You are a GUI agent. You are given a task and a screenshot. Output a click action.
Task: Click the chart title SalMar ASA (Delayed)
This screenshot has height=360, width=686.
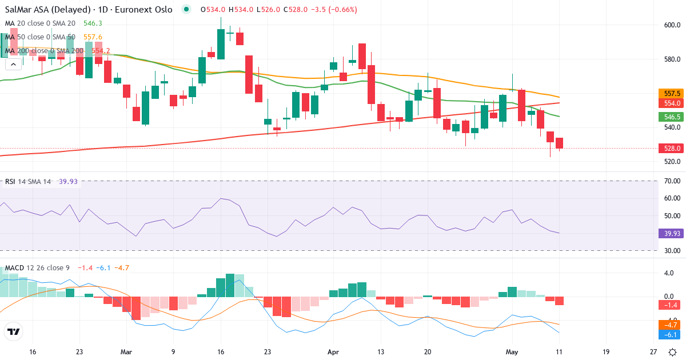point(47,10)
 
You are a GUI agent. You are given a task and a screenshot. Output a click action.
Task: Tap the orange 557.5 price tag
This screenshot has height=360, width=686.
point(672,93)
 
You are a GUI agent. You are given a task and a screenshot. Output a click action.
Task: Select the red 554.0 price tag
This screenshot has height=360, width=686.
point(672,103)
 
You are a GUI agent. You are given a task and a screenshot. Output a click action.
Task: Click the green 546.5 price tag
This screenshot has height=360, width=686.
point(672,117)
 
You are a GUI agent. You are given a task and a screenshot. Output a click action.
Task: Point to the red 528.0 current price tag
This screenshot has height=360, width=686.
point(672,148)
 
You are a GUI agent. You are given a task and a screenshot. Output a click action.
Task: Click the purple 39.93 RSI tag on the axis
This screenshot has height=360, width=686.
point(672,234)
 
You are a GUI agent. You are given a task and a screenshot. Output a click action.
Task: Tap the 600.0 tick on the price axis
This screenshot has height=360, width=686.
point(672,25)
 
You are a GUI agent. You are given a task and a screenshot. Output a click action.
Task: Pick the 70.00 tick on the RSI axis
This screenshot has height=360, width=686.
point(672,181)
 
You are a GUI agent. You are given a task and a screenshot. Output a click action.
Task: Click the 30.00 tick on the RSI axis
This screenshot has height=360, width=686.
point(672,251)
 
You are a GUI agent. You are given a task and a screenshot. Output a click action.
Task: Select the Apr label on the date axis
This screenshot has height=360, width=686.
point(333,352)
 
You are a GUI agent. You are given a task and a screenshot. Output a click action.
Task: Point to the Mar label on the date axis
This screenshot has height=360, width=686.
point(126,352)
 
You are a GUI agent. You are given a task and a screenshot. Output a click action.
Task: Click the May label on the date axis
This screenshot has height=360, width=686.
point(512,352)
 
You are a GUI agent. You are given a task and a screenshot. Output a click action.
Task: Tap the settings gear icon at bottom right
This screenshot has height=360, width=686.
point(672,353)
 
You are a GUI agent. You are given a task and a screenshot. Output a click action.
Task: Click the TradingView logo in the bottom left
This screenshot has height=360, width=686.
point(14,331)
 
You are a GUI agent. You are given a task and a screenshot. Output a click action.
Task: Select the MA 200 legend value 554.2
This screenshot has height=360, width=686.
point(101,50)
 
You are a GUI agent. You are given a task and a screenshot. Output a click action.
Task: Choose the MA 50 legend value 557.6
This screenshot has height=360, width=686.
point(93,37)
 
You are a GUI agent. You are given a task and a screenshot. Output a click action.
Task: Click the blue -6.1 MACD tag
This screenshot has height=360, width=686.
point(671,335)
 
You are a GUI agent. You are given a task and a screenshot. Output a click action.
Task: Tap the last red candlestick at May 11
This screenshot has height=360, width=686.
point(560,143)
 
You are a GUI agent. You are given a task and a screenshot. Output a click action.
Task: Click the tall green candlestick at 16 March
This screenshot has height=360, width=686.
point(221,44)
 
